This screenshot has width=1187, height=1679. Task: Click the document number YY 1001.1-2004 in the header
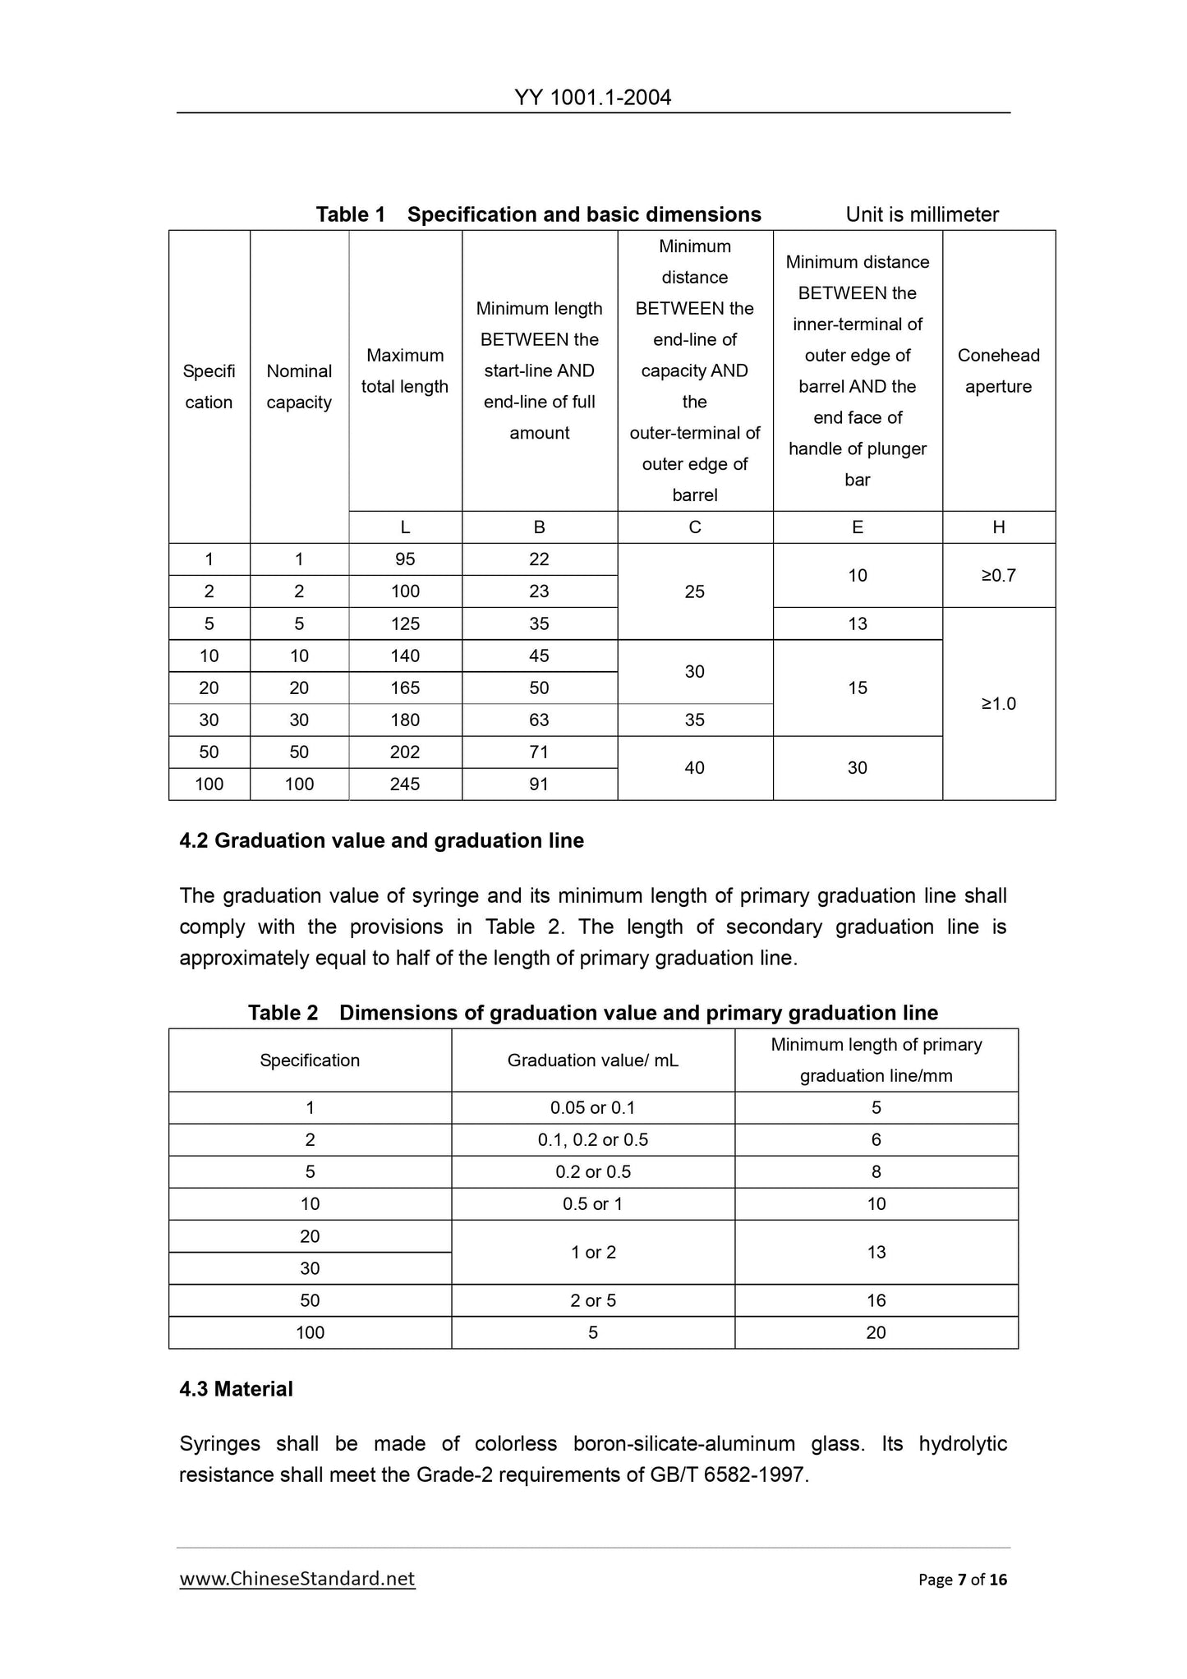(x=592, y=98)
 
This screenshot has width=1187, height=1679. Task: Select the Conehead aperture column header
(x=998, y=370)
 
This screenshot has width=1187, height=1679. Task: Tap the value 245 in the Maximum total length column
(x=405, y=784)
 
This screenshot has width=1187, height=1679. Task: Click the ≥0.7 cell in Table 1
(x=998, y=575)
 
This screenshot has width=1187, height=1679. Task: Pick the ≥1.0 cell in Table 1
(x=998, y=703)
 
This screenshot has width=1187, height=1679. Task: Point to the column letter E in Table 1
(x=857, y=527)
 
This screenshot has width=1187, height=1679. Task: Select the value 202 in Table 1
(x=405, y=752)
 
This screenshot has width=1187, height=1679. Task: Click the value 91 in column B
(x=539, y=784)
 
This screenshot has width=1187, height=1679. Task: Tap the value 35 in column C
(x=694, y=720)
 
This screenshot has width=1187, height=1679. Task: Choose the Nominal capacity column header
(x=299, y=386)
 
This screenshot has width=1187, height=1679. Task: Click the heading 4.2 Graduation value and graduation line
(x=381, y=840)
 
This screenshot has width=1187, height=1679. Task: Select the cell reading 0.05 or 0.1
(x=592, y=1107)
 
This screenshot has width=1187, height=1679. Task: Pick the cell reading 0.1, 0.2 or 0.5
(x=592, y=1139)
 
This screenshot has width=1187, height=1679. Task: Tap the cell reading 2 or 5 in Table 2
(x=592, y=1300)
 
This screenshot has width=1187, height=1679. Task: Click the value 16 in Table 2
(x=876, y=1300)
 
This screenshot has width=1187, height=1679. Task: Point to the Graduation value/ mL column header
(x=592, y=1060)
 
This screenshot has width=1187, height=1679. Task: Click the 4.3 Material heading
(x=236, y=1389)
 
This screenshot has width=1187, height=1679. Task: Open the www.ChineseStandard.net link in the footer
(x=297, y=1579)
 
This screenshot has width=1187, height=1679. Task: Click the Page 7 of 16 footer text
(x=962, y=1580)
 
